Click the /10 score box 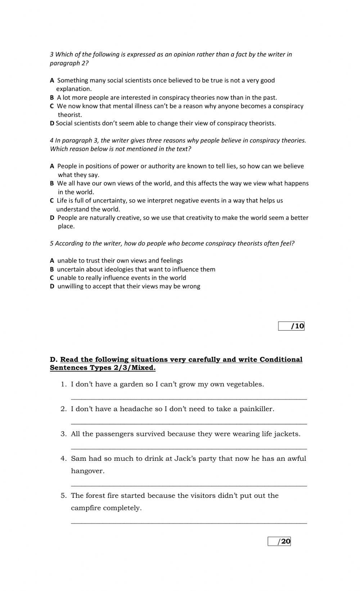coord(291,326)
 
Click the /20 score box coord(279,541)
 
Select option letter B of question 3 coord(52,97)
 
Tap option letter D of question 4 coord(52,218)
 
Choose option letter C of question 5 coord(52,278)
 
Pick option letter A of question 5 coord(52,260)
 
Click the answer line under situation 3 coord(189,448)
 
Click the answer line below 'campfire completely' coord(189,523)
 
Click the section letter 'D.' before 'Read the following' coord(54,359)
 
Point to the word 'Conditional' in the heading coord(281,359)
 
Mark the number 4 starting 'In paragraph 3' coord(52,140)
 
